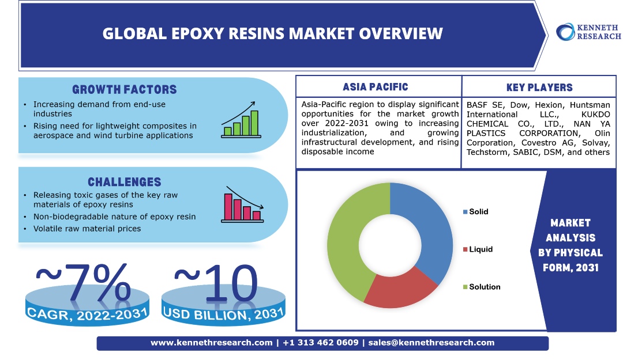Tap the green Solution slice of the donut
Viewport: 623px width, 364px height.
350,238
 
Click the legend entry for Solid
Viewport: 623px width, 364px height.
475,212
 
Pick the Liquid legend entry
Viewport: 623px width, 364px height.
478,249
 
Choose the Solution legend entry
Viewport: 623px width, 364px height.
482,287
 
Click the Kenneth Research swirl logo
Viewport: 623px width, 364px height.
565,32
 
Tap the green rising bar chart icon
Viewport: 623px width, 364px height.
241,120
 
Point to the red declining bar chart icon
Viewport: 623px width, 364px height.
242,204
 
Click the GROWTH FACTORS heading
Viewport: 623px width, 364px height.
125,90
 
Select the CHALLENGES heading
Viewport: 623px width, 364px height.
125,182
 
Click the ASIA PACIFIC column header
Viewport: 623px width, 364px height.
376,87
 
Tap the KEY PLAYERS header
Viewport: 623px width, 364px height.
539,87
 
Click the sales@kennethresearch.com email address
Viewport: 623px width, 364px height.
431,343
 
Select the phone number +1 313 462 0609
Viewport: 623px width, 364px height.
320,343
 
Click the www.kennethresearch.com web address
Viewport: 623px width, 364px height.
211,343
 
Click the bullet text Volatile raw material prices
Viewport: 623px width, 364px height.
87,229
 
